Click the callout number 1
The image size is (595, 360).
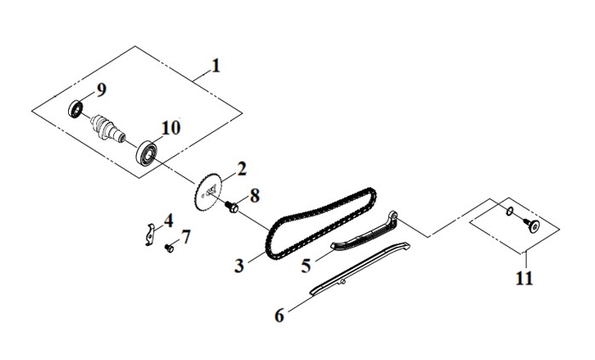(215, 66)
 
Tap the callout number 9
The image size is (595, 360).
(101, 90)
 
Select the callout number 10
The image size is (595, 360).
(171, 128)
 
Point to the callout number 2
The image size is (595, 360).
(242, 169)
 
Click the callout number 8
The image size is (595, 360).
(255, 197)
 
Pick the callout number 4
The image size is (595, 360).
(169, 220)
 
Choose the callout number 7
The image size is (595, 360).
(186, 237)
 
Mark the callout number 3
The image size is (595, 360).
(239, 266)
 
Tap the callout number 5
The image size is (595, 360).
(306, 266)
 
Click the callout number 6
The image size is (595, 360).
(280, 316)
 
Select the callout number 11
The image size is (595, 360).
(524, 279)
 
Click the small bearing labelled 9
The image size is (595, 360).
(76, 108)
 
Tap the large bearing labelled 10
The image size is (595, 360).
(146, 153)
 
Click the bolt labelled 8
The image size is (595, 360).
(231, 206)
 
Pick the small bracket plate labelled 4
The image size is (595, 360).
(151, 234)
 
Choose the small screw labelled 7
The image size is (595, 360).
(169, 249)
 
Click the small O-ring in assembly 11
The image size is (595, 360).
(511, 210)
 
